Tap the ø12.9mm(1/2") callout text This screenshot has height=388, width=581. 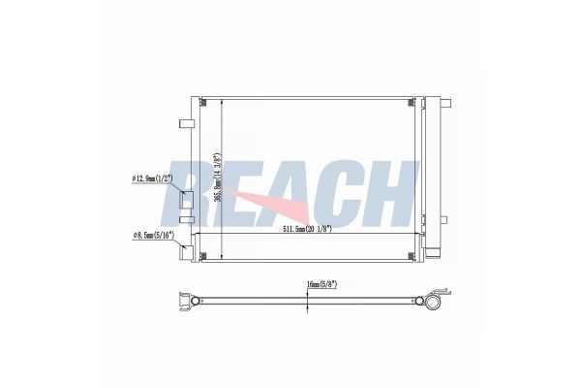pos(154,178)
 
